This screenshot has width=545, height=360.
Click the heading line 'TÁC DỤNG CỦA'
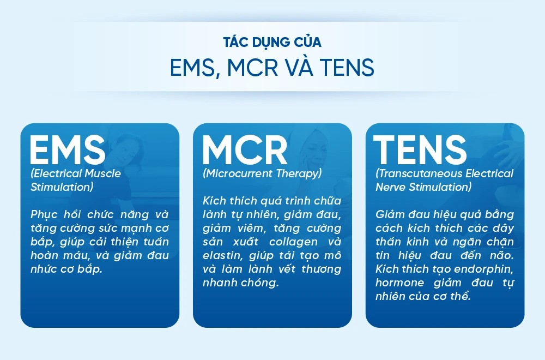(272, 42)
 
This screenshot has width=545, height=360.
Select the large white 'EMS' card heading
(68, 149)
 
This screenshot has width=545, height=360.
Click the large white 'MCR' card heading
(245, 149)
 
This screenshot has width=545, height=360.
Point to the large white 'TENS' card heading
(420, 149)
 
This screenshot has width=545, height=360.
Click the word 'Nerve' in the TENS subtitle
(391, 187)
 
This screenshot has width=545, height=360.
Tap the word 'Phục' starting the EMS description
(44, 214)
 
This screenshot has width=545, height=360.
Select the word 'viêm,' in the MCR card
(251, 228)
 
